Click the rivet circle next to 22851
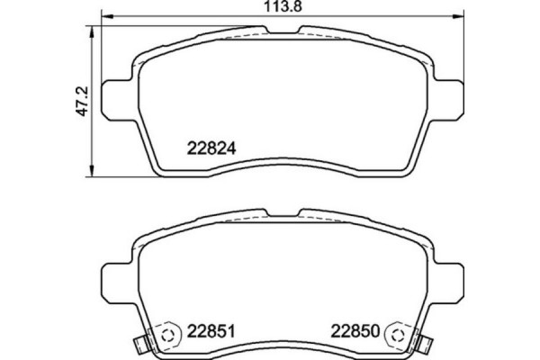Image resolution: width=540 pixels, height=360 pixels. (166, 336)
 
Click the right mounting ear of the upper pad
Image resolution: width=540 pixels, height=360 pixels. (444, 94)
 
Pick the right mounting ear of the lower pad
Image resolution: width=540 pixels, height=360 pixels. (444, 275)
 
